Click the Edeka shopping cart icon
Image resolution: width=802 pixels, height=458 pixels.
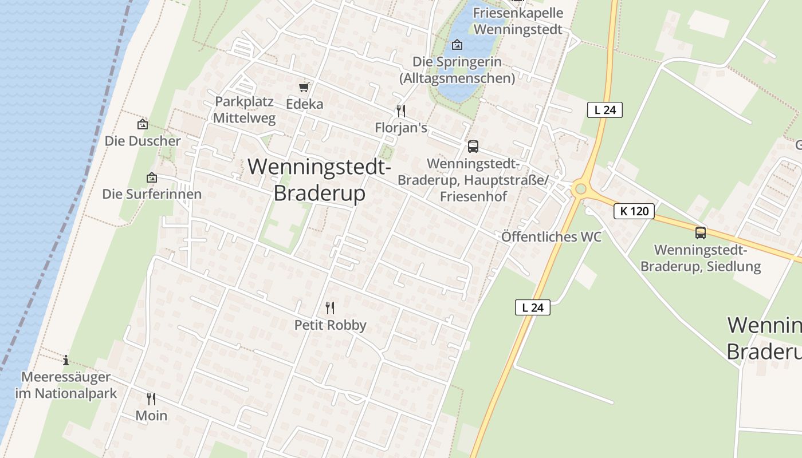tap(304, 87)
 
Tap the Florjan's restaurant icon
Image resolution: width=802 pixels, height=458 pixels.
tap(401, 110)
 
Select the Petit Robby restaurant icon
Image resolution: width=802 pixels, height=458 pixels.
tap(330, 308)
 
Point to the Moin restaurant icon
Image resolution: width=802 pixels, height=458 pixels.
tap(151, 398)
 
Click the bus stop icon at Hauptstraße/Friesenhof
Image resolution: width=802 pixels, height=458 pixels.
tap(473, 147)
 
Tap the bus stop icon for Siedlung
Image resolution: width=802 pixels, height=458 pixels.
tap(700, 233)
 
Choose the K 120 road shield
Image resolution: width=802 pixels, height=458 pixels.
tap(634, 211)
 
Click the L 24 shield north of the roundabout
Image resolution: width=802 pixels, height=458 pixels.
tap(604, 110)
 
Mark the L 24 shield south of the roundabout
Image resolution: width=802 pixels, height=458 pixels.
tap(533, 307)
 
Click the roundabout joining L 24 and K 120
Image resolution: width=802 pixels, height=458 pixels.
tap(581, 189)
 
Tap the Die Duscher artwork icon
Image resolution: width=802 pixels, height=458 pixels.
tap(142, 124)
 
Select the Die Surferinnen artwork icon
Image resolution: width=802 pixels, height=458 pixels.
tap(152, 177)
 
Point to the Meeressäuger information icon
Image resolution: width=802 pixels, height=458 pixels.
tap(66, 360)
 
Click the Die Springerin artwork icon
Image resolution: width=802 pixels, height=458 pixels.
tap(457, 45)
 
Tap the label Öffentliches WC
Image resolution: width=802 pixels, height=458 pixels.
tap(551, 236)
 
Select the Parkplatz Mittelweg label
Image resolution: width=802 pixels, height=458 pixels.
tap(245, 110)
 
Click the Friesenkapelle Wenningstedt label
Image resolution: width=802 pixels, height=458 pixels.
tap(518, 21)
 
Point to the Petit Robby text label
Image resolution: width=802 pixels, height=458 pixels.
tap(330, 325)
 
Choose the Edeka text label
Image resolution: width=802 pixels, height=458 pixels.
tap(304, 104)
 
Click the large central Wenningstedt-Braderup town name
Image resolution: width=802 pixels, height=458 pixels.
tap(320, 180)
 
